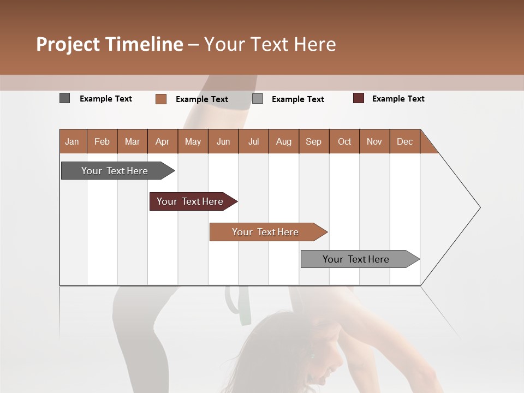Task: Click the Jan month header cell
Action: [x=73, y=141]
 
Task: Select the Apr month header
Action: [x=163, y=141]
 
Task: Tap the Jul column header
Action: [x=253, y=141]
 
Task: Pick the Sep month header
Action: [x=313, y=141]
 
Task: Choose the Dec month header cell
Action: [x=404, y=141]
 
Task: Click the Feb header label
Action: [x=102, y=141]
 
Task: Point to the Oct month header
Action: [x=344, y=141]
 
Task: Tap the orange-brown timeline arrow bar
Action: [x=266, y=232]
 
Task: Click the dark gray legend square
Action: [x=64, y=98]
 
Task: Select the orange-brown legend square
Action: [x=161, y=99]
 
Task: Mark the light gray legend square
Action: [x=258, y=99]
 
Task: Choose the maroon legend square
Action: [x=359, y=98]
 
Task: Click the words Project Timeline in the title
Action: [x=109, y=44]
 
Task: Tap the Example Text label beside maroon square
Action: [x=398, y=99]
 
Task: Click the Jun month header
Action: [x=223, y=141]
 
